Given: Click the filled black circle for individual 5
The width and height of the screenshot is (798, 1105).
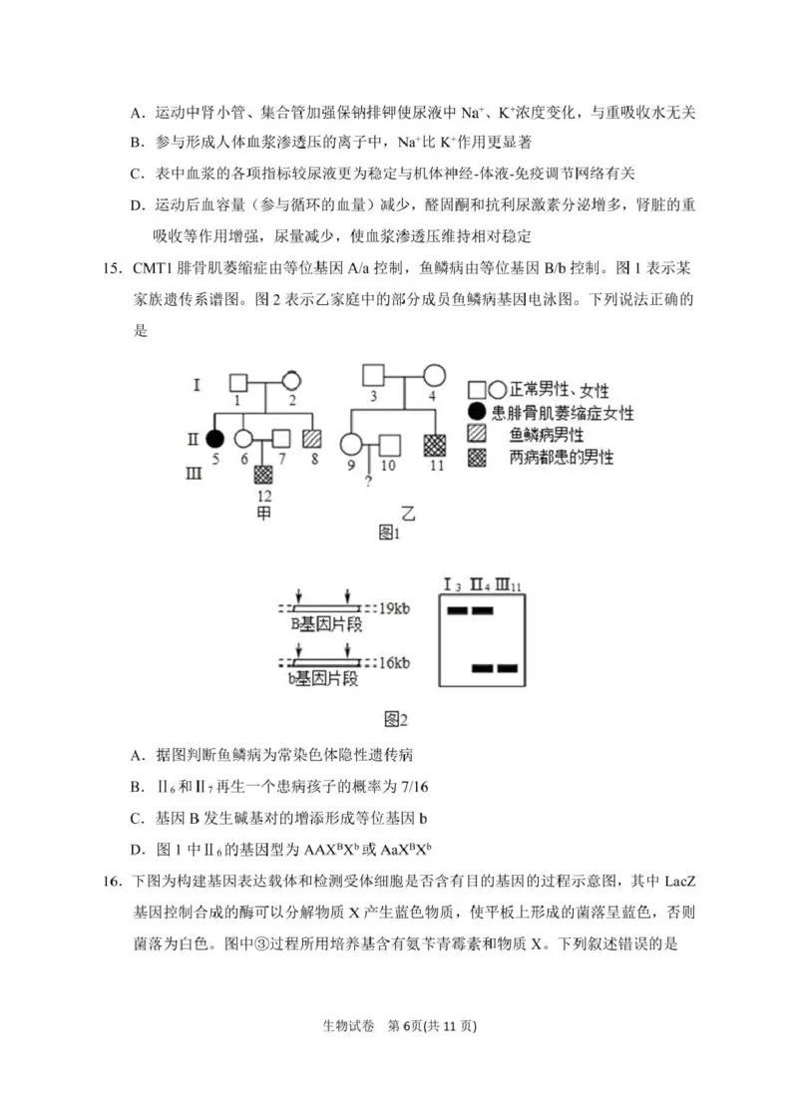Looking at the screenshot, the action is pos(213,437).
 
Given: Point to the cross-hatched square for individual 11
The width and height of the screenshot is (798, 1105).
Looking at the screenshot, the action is pos(435,445).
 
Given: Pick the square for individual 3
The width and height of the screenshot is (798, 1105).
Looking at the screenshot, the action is pos(374,376).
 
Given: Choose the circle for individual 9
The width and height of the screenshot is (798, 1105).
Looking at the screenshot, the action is pos(351,445).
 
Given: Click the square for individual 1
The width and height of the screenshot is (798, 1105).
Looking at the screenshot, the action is pos(238,382).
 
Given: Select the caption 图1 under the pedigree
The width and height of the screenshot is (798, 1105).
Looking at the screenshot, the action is pos(389,535).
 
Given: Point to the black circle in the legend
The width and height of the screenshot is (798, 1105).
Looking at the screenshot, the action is pos(478,412).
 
